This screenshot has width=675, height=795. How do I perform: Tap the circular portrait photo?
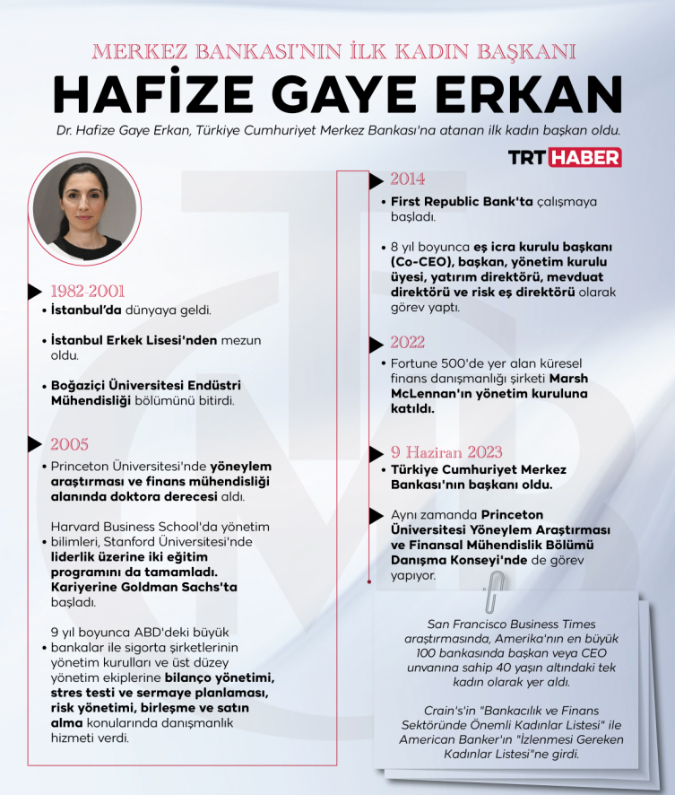tap(87, 207)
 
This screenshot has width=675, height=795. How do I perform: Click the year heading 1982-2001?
tap(87, 292)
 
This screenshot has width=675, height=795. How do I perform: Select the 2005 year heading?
tap(69, 444)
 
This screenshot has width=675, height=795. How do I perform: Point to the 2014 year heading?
tap(407, 179)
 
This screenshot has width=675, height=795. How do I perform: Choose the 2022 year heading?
tap(407, 343)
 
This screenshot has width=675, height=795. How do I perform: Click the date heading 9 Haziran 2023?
tap(446, 452)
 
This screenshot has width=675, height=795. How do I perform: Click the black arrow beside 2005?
tap(35, 443)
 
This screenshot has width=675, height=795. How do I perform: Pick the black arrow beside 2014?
tap(376, 180)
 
